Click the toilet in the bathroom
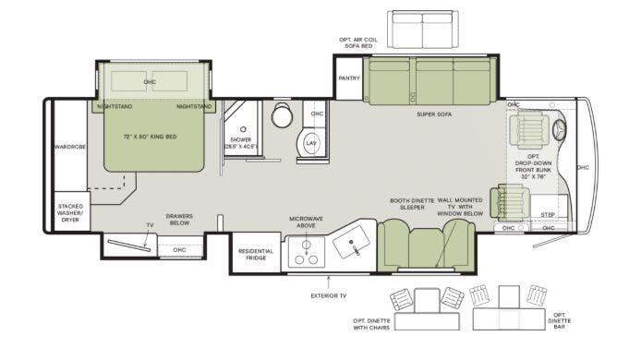tap(282, 116)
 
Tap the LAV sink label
tap(311, 144)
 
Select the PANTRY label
tap(348, 79)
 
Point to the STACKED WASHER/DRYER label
tap(70, 212)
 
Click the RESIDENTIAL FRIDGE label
tap(255, 255)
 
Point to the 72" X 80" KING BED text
tap(150, 137)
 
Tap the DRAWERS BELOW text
tap(179, 219)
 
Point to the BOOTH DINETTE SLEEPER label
tap(406, 204)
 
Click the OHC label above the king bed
tap(150, 82)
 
